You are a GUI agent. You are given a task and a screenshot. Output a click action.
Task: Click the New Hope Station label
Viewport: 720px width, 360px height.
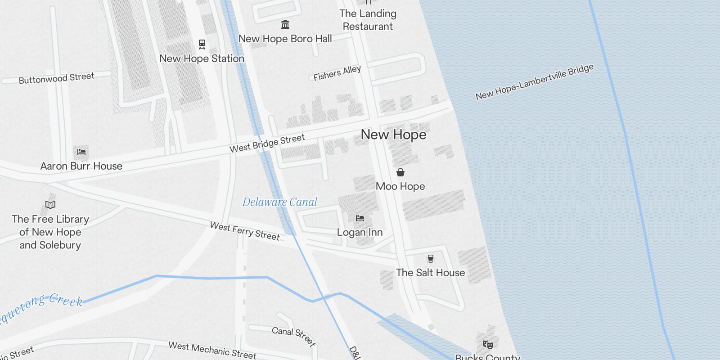click(202, 58)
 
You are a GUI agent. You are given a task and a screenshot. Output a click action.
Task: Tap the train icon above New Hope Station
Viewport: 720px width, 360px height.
click(202, 44)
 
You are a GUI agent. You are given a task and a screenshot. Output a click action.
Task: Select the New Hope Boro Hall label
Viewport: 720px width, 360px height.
click(285, 39)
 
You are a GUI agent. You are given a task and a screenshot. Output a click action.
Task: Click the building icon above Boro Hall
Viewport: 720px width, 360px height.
click(285, 24)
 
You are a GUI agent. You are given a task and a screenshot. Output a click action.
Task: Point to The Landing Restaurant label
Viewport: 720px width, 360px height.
click(368, 20)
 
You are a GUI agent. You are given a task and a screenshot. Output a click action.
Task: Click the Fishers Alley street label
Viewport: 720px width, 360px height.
click(337, 73)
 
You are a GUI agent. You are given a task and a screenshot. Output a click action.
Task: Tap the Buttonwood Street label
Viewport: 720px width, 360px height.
click(56, 78)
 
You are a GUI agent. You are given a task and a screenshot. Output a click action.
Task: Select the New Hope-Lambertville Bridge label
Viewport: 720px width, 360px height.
click(535, 81)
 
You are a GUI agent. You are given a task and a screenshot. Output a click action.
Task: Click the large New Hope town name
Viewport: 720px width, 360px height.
click(393, 135)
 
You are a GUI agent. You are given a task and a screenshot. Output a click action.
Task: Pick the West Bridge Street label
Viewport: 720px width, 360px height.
click(267, 143)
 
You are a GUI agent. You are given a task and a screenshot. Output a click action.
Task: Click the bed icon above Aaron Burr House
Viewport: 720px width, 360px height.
click(81, 152)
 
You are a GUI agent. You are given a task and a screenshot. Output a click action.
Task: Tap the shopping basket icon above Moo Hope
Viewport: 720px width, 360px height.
click(400, 172)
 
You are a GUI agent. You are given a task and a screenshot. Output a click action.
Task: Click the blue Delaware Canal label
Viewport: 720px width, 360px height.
click(280, 202)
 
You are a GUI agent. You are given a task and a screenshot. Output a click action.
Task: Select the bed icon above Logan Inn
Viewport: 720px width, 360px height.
click(360, 218)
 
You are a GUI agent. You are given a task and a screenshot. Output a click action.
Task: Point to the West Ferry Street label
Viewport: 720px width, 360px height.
click(245, 231)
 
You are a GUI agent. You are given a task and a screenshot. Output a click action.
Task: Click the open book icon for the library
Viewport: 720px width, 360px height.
click(50, 205)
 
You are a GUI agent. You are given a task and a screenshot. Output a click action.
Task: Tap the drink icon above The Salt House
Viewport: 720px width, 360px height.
click(431, 258)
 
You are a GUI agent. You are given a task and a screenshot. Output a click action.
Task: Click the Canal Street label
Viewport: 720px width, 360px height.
click(293, 336)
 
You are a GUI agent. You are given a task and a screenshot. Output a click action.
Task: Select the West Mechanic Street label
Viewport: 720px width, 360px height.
click(212, 350)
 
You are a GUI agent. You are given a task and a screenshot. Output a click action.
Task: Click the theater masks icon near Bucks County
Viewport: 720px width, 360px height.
click(487, 345)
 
